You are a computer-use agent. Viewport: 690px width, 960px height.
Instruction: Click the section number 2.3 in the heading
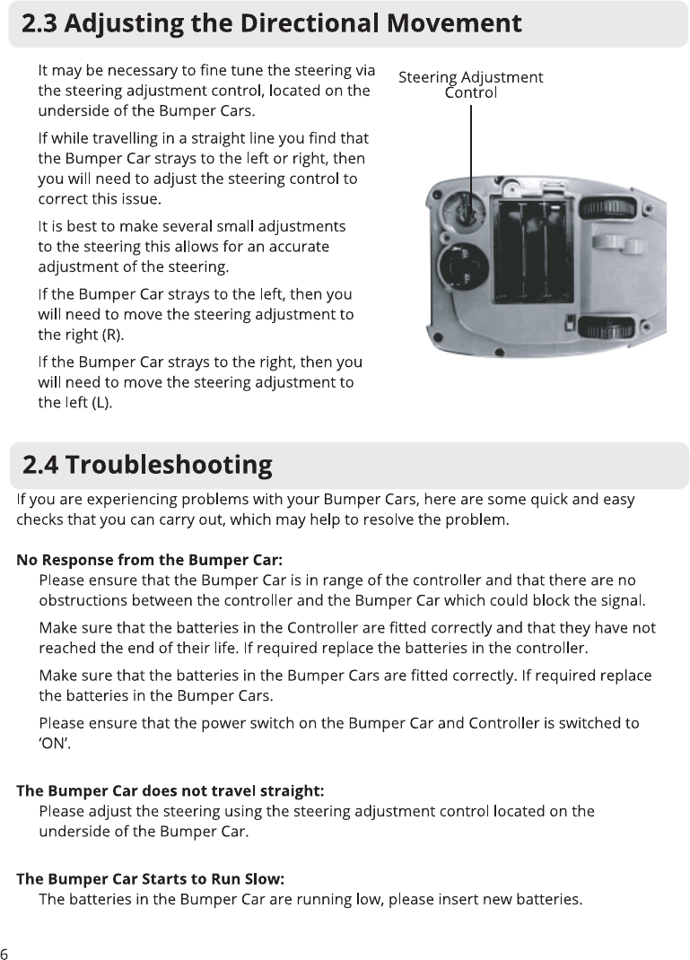(40, 23)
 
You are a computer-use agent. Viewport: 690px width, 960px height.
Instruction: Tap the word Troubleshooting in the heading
(169, 465)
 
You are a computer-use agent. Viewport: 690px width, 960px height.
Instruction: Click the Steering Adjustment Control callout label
(470, 84)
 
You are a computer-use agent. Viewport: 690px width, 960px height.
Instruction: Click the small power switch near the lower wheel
(569, 321)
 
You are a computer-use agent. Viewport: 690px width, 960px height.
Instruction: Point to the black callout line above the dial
(471, 144)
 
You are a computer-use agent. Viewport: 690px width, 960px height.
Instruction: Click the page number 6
(4, 953)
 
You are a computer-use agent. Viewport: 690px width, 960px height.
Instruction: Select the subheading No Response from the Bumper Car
(150, 561)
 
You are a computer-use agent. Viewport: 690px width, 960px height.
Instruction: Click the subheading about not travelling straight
(170, 791)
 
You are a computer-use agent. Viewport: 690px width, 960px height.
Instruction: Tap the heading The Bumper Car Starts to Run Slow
(151, 879)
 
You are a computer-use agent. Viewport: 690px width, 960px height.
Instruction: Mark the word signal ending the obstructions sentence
(622, 599)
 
